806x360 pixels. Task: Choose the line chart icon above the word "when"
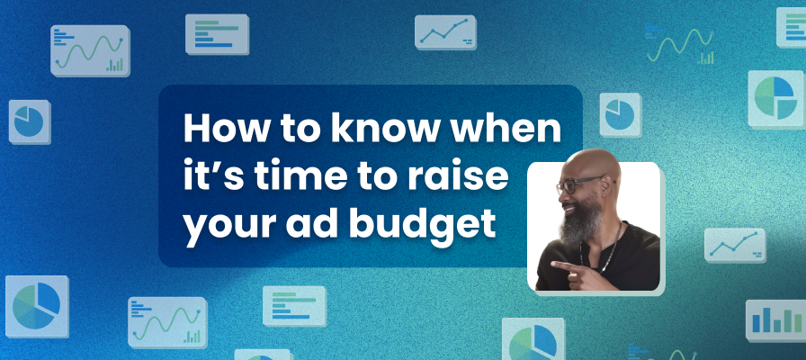(x=445, y=32)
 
